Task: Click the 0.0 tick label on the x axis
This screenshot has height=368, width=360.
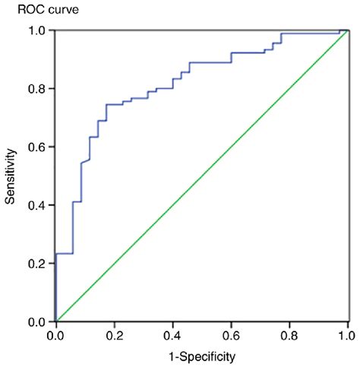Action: [56, 335]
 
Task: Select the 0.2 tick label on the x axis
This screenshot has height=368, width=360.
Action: [115, 335]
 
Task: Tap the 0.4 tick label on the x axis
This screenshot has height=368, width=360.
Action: [172, 335]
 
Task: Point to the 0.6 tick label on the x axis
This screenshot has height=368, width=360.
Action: [231, 335]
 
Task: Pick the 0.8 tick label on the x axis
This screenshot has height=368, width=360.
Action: [289, 335]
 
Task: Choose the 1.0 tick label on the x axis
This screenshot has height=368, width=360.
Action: [347, 335]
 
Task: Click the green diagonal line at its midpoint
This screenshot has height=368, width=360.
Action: [202, 176]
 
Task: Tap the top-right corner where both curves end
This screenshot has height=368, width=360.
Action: [347, 30]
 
